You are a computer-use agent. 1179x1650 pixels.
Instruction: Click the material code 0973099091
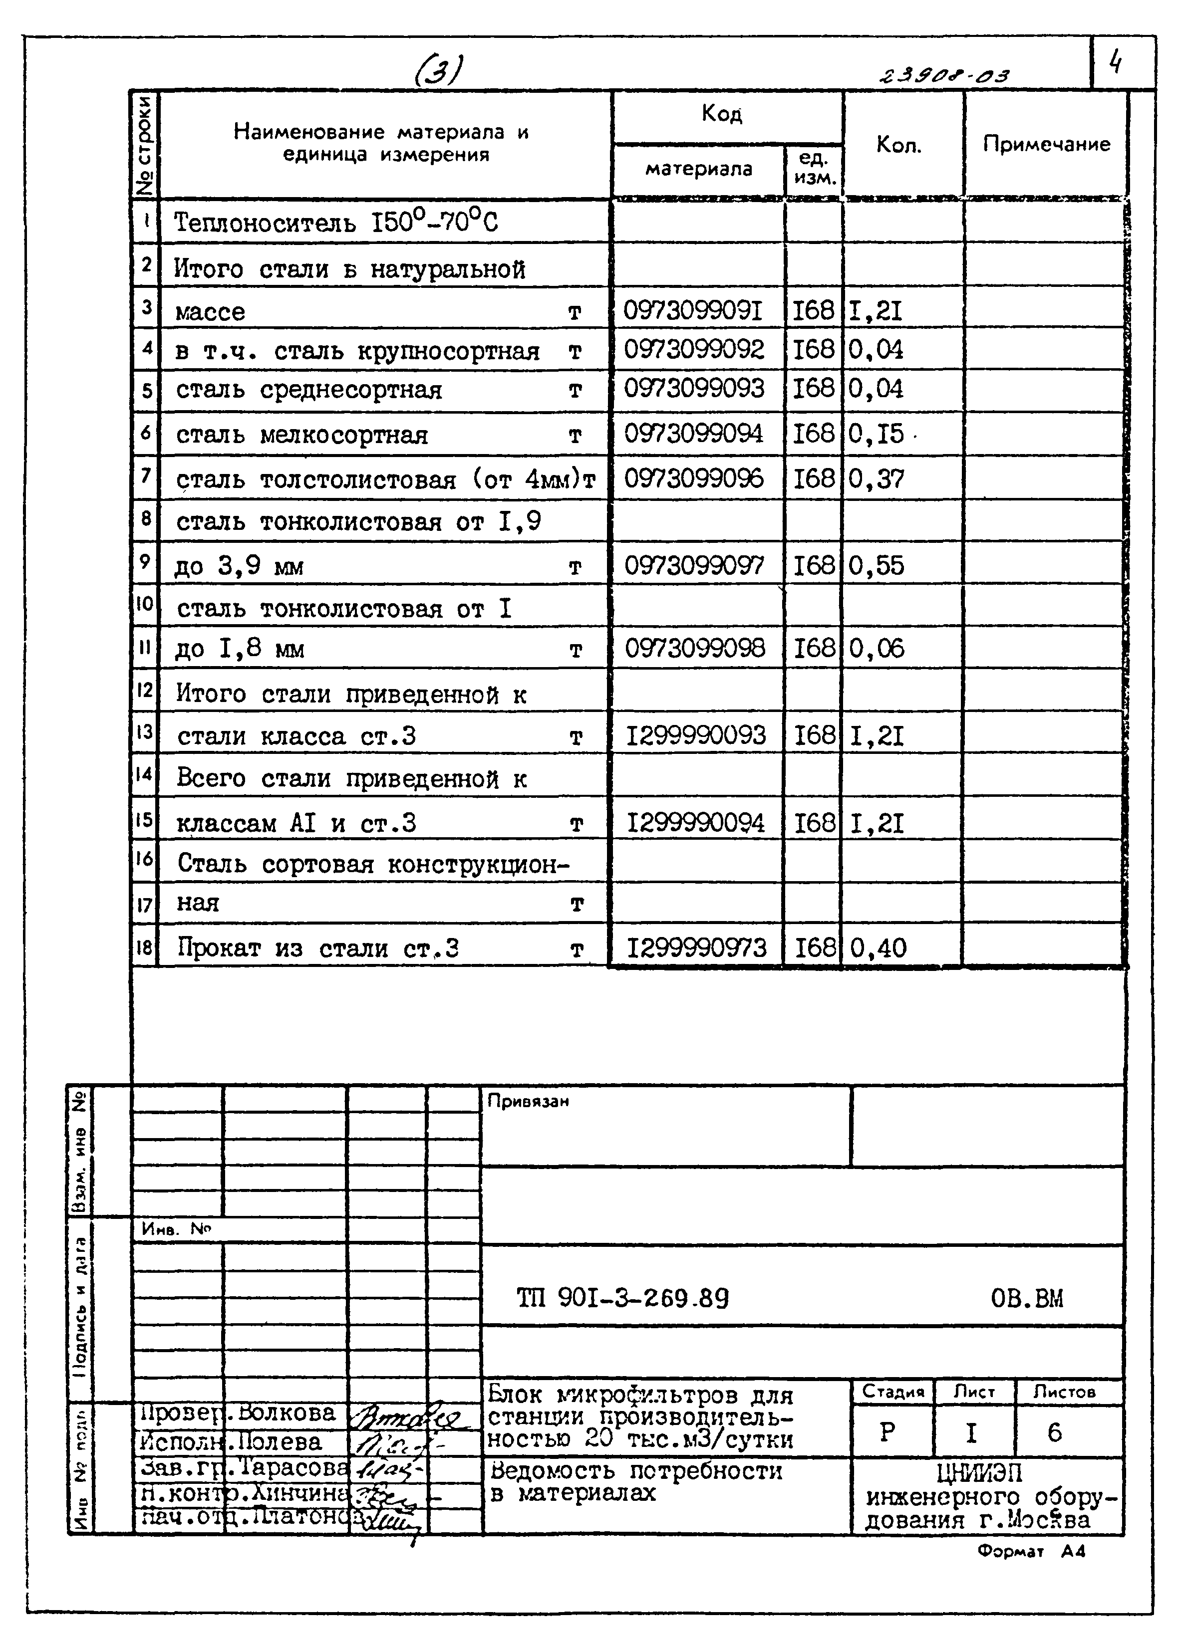[693, 310]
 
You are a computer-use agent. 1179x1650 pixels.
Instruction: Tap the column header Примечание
[1046, 144]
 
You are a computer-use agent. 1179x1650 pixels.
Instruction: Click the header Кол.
[899, 145]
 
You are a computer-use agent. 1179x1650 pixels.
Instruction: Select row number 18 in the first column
[144, 947]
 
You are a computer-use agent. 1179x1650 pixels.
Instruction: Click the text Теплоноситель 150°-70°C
[336, 222]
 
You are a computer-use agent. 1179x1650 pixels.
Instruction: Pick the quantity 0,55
[877, 565]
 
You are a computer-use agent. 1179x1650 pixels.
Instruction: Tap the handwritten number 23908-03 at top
[944, 75]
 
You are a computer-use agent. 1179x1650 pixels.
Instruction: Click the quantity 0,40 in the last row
[878, 947]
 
